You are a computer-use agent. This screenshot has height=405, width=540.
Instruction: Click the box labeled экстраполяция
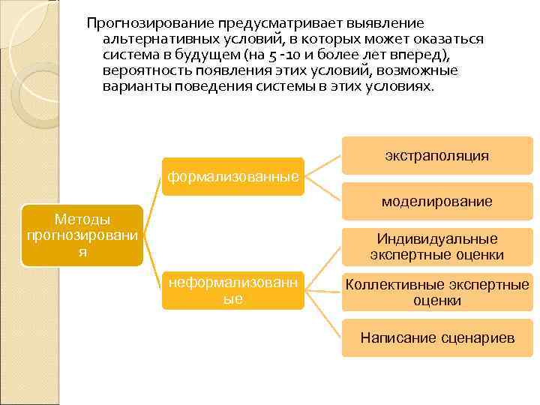click(437, 156)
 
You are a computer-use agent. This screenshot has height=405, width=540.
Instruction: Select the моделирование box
click(437, 201)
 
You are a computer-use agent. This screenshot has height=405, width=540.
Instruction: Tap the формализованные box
click(233, 177)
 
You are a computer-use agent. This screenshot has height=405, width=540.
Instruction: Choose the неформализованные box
click(233, 290)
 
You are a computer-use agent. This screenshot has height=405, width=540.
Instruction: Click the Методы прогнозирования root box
click(82, 235)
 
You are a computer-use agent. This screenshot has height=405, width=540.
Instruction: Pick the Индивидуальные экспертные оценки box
click(437, 247)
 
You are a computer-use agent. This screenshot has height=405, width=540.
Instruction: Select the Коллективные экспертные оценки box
click(437, 292)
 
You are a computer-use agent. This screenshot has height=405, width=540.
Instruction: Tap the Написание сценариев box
click(437, 337)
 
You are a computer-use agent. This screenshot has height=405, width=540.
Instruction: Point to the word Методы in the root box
click(82, 219)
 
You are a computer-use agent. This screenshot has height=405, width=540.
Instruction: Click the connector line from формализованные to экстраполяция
click(324, 166)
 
